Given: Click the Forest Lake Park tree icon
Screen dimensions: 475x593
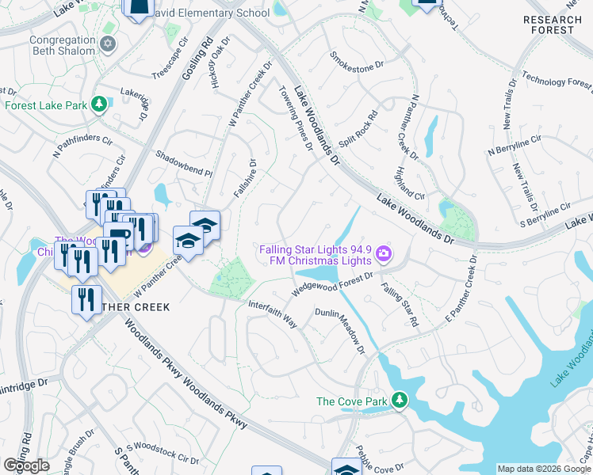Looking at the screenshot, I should coord(99,104).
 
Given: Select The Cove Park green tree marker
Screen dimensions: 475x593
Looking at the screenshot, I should coord(400,401).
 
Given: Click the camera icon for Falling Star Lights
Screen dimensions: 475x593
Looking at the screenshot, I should coord(384,253).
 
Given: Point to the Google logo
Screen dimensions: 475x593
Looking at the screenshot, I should coord(27,465).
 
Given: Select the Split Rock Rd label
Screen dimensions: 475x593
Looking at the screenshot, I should coord(358,128).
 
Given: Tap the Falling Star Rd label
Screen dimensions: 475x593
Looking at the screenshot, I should coord(399,305).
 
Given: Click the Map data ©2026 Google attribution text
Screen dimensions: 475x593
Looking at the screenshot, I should coord(544,469).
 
